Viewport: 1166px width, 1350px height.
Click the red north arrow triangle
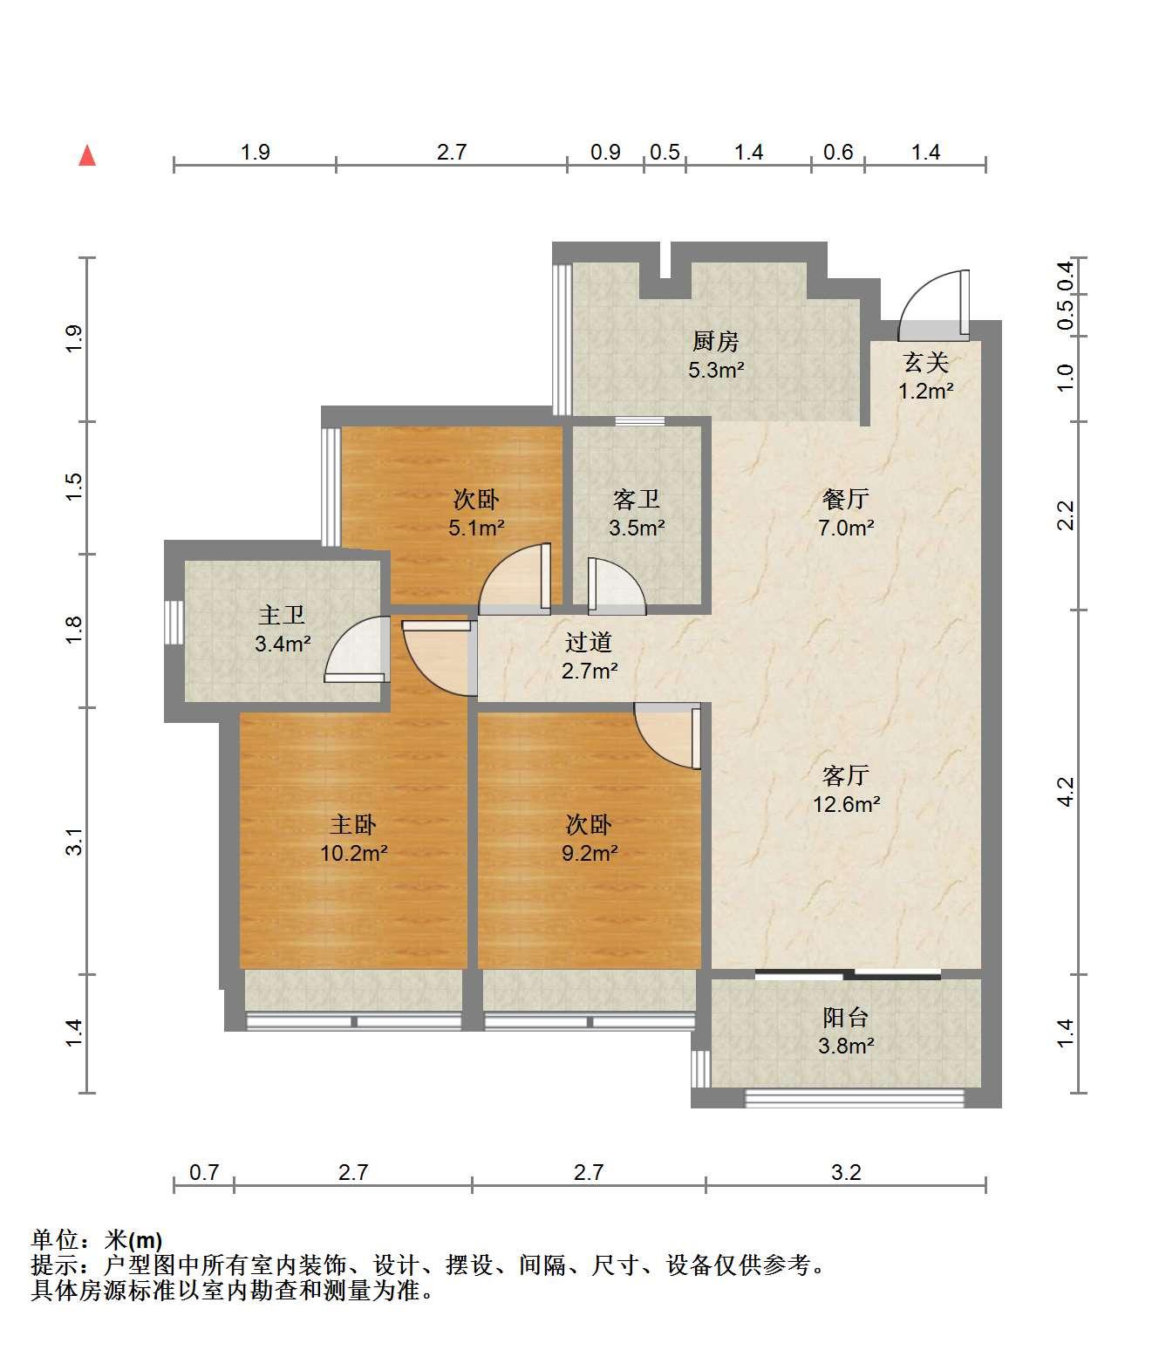[x=87, y=156]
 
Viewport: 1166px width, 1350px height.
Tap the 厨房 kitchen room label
[x=715, y=341]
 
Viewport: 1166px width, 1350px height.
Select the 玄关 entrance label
[x=925, y=363]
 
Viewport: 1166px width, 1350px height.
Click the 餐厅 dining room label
[x=845, y=499]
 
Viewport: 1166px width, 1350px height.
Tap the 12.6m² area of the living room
[x=846, y=804]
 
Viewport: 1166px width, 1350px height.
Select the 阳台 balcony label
[x=845, y=1017]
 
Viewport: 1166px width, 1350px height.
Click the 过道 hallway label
[x=589, y=642]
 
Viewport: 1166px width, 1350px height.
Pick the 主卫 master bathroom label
[x=282, y=615]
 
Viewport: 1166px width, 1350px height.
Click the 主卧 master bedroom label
[x=352, y=824]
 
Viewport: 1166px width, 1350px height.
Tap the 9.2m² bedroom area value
[x=590, y=853]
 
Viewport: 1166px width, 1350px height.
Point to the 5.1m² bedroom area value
[x=476, y=527]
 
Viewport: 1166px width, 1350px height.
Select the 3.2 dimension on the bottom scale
[x=846, y=1172]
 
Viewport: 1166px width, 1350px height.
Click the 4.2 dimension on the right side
[x=1065, y=792]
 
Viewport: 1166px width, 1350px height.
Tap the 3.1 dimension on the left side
[x=74, y=842]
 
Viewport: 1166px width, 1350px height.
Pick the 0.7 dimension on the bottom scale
[x=204, y=1172]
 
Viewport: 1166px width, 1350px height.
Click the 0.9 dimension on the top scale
[x=605, y=152]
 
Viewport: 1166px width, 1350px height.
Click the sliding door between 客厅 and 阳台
[x=848, y=974]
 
